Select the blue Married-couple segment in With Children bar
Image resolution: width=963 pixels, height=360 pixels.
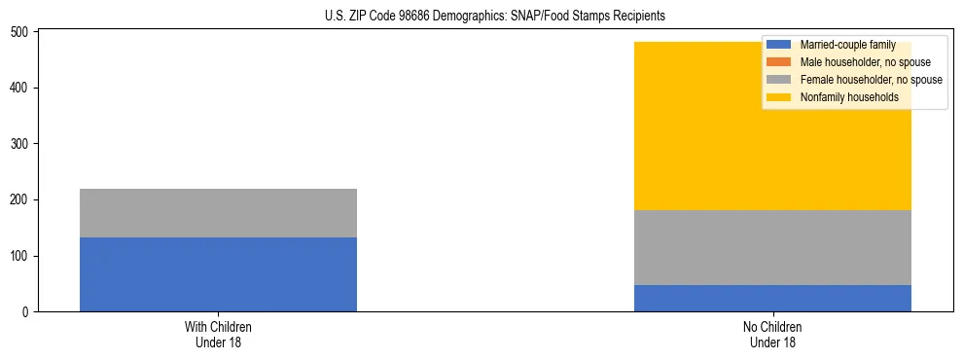[218, 274]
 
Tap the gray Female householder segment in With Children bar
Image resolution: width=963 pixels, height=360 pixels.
[218, 213]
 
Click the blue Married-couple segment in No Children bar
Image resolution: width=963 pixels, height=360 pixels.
[772, 298]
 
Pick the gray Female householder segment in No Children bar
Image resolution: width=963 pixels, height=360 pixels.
[772, 247]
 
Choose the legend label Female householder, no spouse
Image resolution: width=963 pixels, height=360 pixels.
[871, 80]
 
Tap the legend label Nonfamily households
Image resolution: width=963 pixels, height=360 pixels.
[849, 97]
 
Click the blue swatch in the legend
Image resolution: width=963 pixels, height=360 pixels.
[779, 45]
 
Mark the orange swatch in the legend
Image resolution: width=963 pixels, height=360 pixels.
[779, 62]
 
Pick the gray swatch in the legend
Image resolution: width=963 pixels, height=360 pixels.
[779, 80]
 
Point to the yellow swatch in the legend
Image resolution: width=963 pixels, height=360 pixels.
[779, 97]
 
